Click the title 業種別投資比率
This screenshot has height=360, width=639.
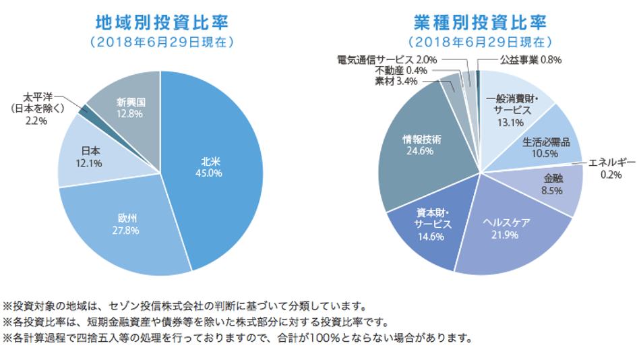[x=479, y=22]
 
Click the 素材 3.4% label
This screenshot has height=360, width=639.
[x=396, y=82]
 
